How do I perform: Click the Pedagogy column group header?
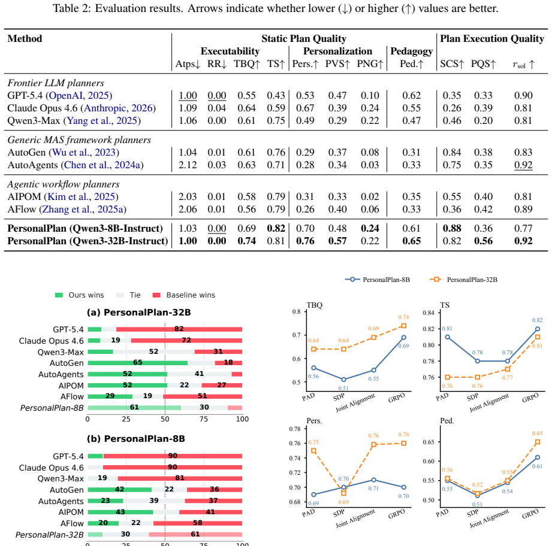(411, 51)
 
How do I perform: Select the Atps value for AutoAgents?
(188, 165)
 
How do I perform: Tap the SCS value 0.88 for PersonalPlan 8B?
(452, 228)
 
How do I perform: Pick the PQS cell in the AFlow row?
(483, 209)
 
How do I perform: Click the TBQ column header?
(247, 64)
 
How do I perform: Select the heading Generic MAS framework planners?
(79, 140)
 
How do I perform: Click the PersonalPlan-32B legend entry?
(464, 280)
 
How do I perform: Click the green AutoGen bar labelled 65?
(138, 363)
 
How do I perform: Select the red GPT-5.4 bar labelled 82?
(179, 329)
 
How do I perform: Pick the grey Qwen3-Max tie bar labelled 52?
(154, 351)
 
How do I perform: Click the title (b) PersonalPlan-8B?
(136, 439)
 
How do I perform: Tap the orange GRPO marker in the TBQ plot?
(404, 326)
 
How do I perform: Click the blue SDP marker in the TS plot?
(478, 361)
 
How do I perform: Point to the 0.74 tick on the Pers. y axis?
(295, 458)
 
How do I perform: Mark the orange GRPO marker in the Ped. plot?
(538, 442)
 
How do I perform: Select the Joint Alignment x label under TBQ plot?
(355, 402)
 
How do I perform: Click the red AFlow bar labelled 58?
(198, 523)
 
